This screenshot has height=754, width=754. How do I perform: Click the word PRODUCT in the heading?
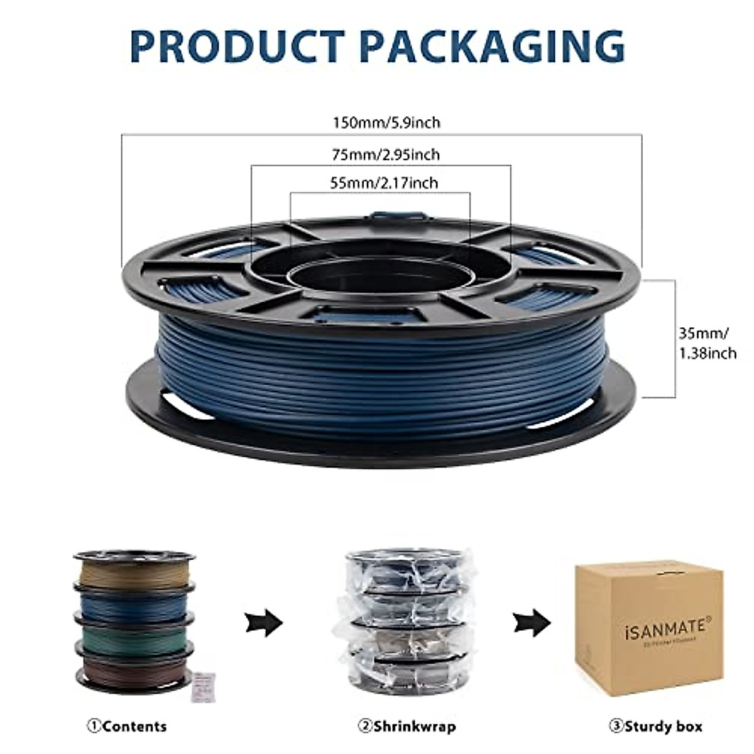[x=237, y=45]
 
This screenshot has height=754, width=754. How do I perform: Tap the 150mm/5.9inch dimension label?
[x=386, y=123]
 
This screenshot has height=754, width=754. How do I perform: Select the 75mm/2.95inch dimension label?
[x=385, y=154]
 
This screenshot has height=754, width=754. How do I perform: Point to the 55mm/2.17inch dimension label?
[x=384, y=183]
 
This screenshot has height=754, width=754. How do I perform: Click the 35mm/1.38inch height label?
[x=707, y=342]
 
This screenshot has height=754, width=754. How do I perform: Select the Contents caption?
[x=128, y=727]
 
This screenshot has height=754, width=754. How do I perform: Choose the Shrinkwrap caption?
[x=407, y=727]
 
